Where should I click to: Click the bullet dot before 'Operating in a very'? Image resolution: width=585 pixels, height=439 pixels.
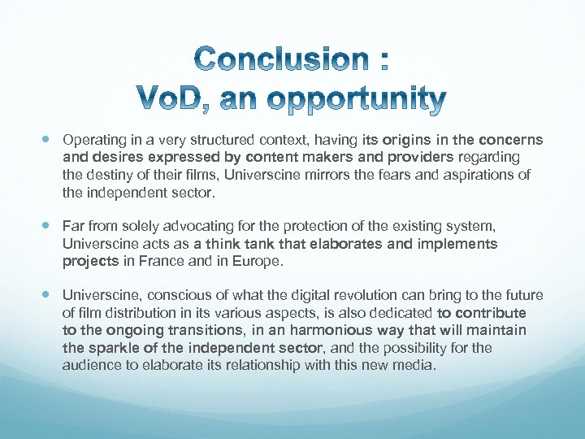pos(50,140)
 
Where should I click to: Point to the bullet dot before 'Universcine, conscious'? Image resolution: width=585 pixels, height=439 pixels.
pos(50,295)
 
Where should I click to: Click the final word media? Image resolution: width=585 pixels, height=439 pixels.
pos(417,366)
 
